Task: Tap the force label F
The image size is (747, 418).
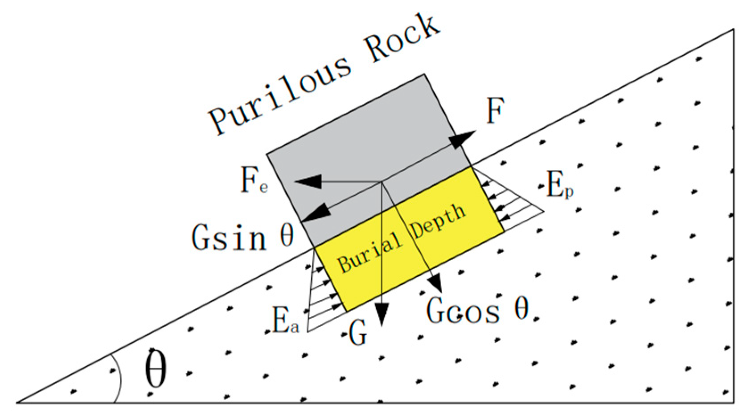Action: pyautogui.click(x=494, y=111)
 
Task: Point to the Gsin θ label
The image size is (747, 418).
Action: pyautogui.click(x=243, y=236)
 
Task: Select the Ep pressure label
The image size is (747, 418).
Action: pyautogui.click(x=559, y=185)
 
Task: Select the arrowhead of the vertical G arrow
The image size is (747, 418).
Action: pyautogui.click(x=382, y=316)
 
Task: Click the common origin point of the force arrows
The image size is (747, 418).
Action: pyautogui.click(x=382, y=181)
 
